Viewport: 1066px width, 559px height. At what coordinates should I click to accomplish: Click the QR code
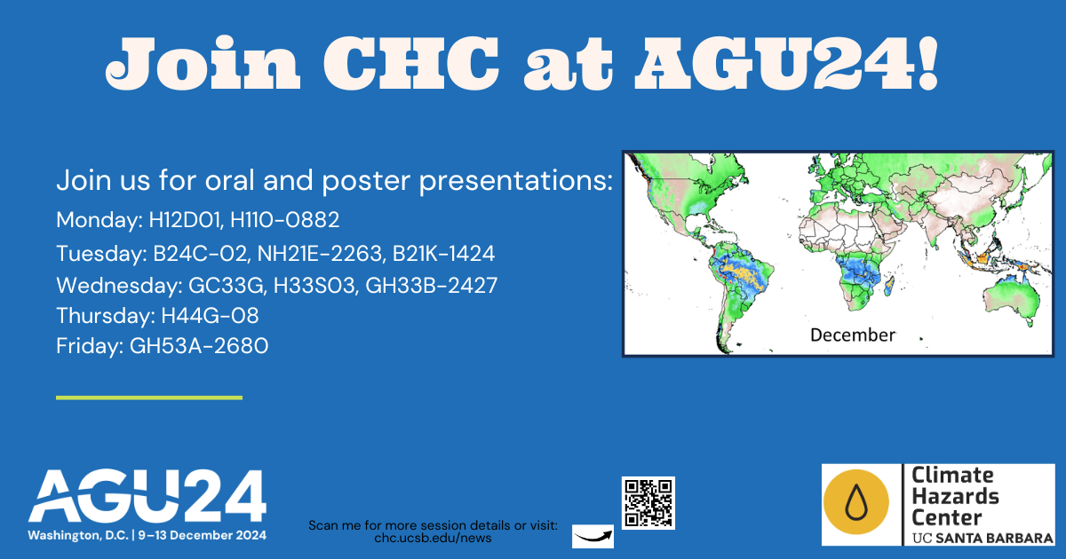click(x=648, y=503)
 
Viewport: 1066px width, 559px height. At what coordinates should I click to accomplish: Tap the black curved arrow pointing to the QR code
click(x=593, y=538)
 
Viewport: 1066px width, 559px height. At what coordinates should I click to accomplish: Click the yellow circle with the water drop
click(x=856, y=502)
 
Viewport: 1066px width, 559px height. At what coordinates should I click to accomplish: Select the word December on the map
click(x=852, y=335)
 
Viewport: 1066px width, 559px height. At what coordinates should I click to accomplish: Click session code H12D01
click(x=185, y=220)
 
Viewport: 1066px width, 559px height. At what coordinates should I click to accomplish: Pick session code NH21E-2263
click(x=320, y=254)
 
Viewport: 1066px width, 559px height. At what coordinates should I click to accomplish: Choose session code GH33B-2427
click(x=431, y=286)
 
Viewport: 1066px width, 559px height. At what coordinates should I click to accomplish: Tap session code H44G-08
click(x=210, y=316)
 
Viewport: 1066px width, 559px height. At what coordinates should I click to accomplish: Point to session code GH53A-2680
click(x=199, y=345)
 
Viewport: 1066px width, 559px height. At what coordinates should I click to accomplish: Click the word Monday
click(x=97, y=221)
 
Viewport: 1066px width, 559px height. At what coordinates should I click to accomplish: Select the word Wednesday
click(x=116, y=286)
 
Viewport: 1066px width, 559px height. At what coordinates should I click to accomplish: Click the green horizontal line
click(x=149, y=398)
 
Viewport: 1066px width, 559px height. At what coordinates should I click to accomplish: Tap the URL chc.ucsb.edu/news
click(x=433, y=538)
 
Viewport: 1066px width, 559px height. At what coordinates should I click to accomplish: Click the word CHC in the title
click(x=411, y=63)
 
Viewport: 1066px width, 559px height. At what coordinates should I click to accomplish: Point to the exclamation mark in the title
click(x=927, y=63)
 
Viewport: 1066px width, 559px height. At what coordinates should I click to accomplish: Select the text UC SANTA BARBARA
click(x=982, y=538)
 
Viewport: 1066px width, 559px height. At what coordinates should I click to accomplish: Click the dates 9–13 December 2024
click(x=203, y=535)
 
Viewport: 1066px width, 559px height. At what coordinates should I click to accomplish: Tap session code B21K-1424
click(x=443, y=254)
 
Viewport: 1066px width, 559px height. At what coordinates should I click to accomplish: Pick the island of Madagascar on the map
click(x=889, y=286)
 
